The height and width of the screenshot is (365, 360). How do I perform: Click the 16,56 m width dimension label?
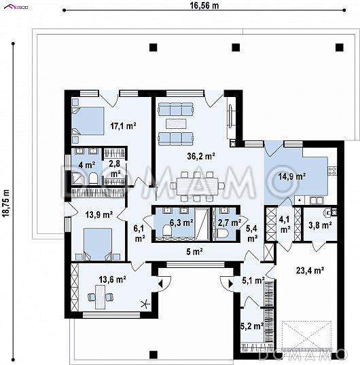204,5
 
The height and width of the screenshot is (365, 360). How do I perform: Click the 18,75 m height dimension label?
6,204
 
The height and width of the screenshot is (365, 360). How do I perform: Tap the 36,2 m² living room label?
201,156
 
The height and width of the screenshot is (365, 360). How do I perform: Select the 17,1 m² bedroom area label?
123,126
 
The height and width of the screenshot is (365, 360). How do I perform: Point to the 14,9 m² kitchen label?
292,176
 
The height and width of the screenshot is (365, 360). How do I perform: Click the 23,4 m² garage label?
310,271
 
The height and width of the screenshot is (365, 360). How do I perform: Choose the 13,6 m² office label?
113,279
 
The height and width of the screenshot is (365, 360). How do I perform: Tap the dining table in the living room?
197,186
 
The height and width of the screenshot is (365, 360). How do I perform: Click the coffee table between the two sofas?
176,123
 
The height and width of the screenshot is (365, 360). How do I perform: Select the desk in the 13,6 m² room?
101,297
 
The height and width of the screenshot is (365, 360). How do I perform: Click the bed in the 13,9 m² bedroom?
98,244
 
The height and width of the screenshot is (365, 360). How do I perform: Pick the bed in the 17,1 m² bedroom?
88,121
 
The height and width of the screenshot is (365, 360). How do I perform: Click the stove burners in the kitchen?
333,171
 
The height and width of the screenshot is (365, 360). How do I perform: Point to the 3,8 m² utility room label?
320,225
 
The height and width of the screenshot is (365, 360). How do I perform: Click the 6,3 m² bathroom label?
181,223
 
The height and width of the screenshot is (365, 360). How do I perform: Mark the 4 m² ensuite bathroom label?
87,165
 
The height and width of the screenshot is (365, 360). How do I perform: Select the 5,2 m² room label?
252,326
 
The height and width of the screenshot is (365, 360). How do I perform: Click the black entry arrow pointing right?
231,284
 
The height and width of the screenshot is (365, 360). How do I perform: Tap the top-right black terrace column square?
339,47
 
